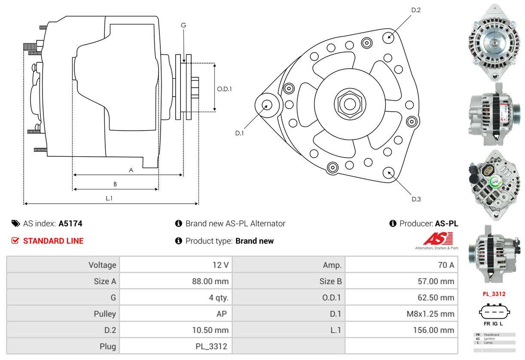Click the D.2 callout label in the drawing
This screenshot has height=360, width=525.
(415, 10)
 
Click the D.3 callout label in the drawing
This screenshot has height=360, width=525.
(416, 199)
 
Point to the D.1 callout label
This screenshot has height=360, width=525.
(239, 133)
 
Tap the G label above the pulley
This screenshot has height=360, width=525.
(183, 25)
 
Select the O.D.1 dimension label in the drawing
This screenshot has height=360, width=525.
(224, 89)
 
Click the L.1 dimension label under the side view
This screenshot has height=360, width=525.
(109, 198)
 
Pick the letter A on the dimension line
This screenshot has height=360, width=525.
(131, 170)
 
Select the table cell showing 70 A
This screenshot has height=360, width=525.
(446, 265)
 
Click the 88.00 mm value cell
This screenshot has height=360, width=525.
(210, 282)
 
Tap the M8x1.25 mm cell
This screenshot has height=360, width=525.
(430, 314)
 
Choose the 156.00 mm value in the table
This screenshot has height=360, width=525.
(434, 330)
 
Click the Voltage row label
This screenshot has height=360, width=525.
(102, 265)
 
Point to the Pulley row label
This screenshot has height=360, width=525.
(105, 314)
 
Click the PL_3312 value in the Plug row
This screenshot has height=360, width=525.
(210, 346)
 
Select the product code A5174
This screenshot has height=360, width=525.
(70, 223)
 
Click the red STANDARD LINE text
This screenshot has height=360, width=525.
(53, 241)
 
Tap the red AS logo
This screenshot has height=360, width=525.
(438, 239)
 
